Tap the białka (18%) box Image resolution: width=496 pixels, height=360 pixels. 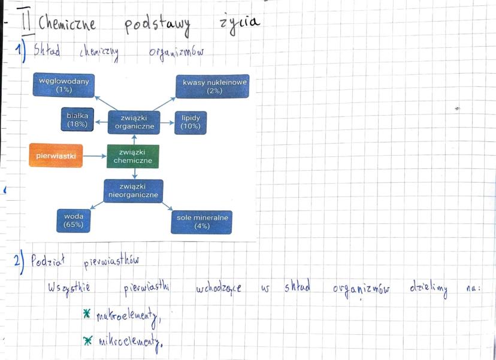click(77, 120)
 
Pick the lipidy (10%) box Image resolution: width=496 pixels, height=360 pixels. click(190, 122)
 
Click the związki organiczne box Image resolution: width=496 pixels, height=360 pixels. click(134, 122)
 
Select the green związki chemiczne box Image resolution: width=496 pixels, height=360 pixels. click(133, 156)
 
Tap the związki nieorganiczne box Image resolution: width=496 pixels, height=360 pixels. click(133, 191)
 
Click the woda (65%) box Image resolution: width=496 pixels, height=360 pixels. click(73, 221)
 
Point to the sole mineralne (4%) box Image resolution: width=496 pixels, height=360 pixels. click(202, 222)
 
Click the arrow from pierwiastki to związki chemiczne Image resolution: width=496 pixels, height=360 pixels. click(95, 156)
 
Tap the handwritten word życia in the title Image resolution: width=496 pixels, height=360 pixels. click(238, 22)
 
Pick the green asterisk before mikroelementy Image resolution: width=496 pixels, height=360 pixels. click(88, 340)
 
